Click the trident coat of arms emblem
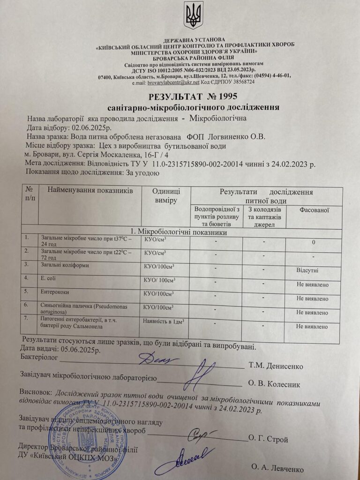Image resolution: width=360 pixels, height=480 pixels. pos(193,15)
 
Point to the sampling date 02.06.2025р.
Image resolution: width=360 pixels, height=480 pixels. pos(91,127)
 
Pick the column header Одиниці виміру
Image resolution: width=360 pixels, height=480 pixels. pos(165,195)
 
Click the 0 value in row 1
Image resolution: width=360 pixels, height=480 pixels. pos(313,242)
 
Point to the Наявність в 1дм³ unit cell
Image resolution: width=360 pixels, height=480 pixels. pos(164,321)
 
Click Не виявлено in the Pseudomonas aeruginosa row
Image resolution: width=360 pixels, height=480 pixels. pos(312,312)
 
